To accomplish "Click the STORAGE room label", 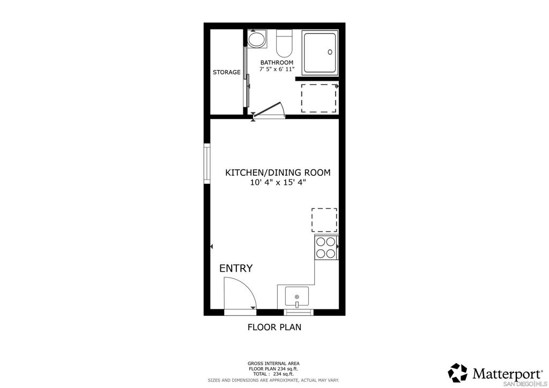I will [226, 72].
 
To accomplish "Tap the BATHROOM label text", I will [277, 63].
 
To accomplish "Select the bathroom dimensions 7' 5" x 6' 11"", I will [277, 70].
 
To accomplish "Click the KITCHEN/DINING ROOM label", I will [277, 173].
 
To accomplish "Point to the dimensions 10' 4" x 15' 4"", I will [278, 183].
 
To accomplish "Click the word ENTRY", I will [236, 268].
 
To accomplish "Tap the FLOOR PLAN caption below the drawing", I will [274, 327].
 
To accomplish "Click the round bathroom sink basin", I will [257, 40].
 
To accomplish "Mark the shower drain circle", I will [330, 52].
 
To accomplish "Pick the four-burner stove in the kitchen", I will [325, 248].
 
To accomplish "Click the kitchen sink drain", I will [296, 296].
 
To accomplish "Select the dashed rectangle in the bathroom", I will [318, 98].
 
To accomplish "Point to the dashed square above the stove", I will [324, 220].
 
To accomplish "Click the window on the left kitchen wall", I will [206, 163].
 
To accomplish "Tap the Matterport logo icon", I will [458, 373].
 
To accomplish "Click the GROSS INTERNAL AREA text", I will [273, 363].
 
